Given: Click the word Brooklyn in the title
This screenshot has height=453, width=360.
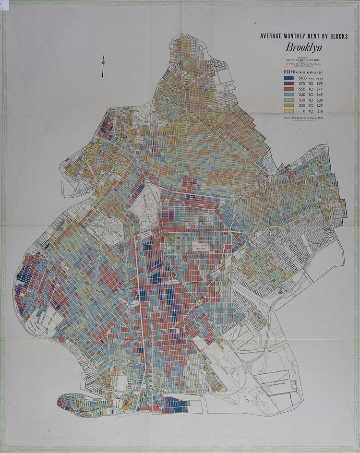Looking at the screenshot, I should point(304,48).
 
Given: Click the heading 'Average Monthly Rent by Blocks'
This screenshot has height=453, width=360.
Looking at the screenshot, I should point(304,36).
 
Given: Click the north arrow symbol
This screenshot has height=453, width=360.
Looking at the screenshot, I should point(103,66).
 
